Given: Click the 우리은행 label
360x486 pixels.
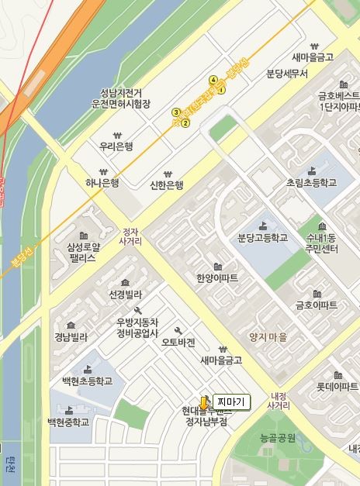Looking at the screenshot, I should coord(116,146).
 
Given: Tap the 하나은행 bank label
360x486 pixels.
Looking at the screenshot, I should coord(102,184).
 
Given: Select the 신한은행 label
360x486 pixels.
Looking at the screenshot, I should coord(166,185).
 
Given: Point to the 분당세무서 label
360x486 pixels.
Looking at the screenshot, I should coord(287,74).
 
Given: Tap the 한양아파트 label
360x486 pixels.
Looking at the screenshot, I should coord(217,277).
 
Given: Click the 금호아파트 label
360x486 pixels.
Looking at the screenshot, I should coord(316,305).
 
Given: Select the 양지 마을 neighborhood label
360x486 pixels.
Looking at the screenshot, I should coord(268,337).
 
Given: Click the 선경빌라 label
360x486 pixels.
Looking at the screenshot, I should coord(125,295).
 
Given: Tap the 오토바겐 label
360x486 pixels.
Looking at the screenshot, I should coord(178,342).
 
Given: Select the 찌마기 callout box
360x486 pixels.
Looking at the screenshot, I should coord(230,402).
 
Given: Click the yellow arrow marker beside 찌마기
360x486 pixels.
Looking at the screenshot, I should coord(204,403).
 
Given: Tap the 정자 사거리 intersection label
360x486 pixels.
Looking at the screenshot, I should coord(130,236).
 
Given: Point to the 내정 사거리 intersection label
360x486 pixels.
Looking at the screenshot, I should coord(278,400).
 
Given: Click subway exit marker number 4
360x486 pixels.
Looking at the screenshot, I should coord(213,80).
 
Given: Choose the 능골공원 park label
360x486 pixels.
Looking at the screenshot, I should coord(278,439).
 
